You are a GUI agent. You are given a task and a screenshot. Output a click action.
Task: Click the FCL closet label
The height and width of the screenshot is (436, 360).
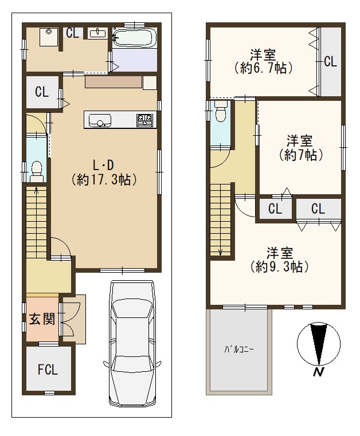(48, 370)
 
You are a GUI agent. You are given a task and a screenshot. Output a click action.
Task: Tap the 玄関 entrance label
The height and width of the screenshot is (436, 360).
(42, 319)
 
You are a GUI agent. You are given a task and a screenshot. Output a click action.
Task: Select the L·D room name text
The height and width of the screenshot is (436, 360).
(103, 166)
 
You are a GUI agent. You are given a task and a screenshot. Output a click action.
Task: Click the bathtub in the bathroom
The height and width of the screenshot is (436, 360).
(134, 38)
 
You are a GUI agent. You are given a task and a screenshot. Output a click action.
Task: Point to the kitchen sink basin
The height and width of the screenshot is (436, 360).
(100, 120)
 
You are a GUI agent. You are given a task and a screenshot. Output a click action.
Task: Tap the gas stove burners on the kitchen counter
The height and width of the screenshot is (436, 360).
(144, 120)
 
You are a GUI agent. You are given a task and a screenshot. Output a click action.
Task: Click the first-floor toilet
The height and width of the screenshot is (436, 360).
(36, 172)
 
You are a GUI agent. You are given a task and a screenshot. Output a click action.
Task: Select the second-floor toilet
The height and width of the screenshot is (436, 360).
(221, 111)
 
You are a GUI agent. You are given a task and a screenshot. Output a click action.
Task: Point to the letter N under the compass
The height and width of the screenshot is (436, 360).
(319, 372)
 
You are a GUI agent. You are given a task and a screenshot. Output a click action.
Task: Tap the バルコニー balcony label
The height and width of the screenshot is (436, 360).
(239, 349)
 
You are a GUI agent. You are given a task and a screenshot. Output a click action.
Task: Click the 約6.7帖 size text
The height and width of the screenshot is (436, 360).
(263, 68)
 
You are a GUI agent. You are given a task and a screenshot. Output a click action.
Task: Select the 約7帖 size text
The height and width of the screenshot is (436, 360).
(301, 155)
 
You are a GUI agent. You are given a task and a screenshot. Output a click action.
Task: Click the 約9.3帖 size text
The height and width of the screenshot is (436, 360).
(280, 267)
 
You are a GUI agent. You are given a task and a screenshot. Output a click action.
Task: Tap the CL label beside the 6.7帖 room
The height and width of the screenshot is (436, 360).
(330, 61)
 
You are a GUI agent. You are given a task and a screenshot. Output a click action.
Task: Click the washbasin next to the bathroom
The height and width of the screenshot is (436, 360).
(97, 33)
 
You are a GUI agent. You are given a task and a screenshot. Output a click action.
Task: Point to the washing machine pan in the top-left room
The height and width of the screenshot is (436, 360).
(49, 37)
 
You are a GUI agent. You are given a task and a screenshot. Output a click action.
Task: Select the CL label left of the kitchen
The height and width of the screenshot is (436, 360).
(42, 92)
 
